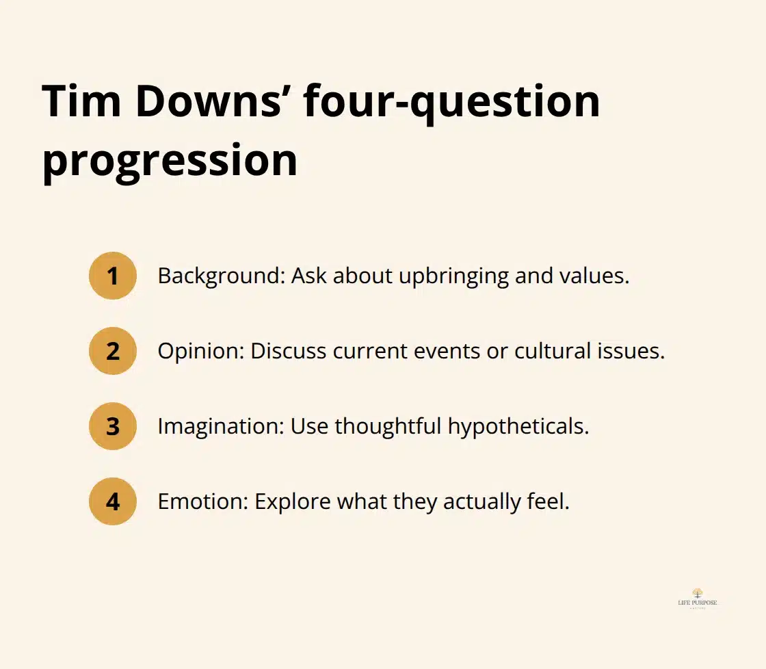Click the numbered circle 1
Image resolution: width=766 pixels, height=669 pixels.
coord(113,276)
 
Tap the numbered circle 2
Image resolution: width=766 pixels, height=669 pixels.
coord(113,351)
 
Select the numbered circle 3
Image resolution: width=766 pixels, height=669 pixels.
coord(113,426)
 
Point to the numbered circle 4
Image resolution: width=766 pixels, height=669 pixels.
coord(113,501)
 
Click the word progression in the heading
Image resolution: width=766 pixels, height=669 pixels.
coord(170,161)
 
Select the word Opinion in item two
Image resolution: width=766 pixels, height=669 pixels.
coord(200,352)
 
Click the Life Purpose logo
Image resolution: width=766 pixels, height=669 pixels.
coord(697,597)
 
